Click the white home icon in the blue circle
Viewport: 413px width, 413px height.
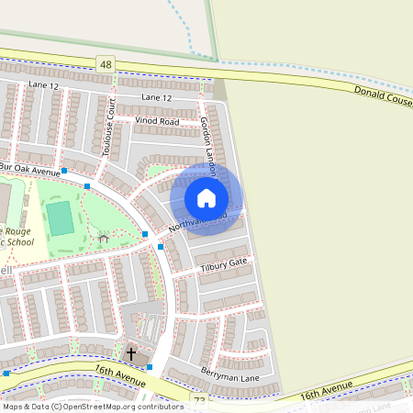206,198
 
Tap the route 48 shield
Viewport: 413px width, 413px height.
106,62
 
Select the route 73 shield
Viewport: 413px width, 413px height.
200,400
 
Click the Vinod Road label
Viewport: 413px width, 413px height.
156,120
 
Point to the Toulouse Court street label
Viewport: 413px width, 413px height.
110,128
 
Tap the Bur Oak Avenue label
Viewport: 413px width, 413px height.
30,170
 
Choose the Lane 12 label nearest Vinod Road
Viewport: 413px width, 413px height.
157,97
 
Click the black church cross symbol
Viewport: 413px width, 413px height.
130,353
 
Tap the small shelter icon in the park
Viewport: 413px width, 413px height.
104,240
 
